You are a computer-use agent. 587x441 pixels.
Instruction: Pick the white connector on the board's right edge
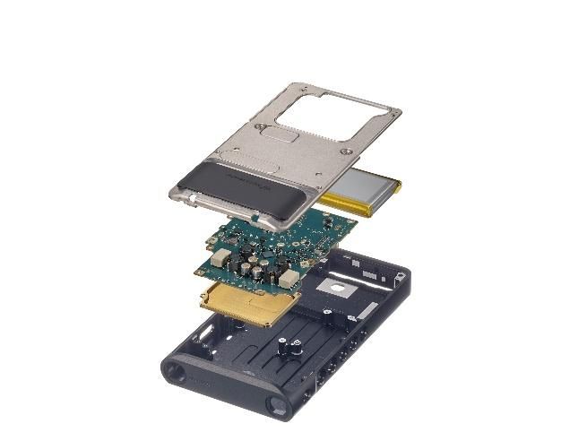point(289,279)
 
